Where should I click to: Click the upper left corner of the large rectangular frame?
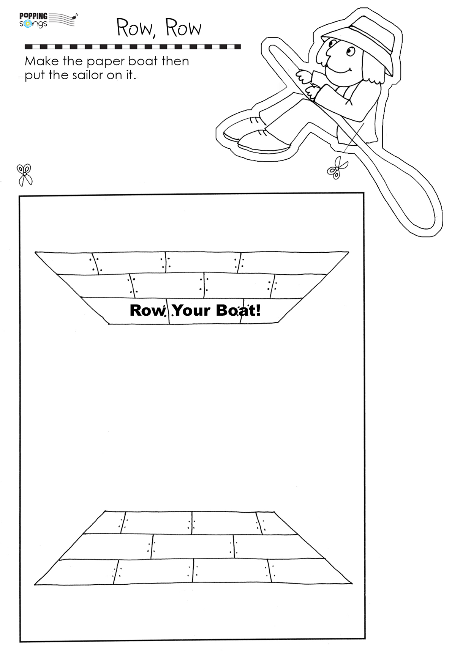click(x=20, y=196)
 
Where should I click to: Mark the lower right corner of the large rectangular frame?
click(x=364, y=639)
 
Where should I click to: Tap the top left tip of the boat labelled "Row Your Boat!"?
click(x=35, y=252)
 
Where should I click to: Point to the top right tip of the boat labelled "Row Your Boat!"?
click(x=349, y=252)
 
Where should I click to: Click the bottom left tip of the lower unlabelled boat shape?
click(x=35, y=585)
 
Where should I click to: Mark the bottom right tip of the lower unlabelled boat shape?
click(x=352, y=583)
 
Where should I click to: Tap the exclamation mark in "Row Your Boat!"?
click(x=258, y=310)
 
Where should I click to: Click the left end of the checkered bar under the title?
click(x=25, y=47)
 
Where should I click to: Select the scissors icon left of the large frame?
click(x=25, y=175)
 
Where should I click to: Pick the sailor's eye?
click(x=349, y=50)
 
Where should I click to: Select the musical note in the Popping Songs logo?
click(x=75, y=16)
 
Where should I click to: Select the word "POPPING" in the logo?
click(x=33, y=16)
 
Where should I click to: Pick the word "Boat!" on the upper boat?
click(x=239, y=310)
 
